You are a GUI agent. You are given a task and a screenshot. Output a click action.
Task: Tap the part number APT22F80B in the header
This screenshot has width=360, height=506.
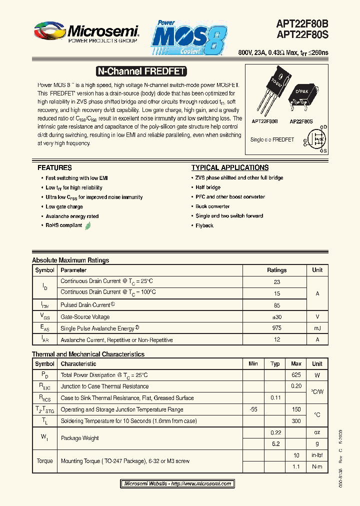[302, 23]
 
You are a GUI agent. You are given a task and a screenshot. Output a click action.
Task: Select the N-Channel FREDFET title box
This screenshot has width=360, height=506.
[140, 71]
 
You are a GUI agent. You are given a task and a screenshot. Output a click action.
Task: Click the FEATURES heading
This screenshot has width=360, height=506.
[54, 168]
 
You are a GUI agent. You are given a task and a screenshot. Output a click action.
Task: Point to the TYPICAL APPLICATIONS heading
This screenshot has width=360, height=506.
[230, 168]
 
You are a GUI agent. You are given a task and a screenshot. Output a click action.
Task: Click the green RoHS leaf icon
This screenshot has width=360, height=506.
[88, 225]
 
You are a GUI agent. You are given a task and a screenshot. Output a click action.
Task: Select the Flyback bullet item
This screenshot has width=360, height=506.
[204, 225]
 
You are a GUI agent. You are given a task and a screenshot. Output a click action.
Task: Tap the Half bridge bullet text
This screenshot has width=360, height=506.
[208, 187]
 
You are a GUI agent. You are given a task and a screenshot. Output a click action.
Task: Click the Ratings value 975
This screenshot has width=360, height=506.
[276, 328]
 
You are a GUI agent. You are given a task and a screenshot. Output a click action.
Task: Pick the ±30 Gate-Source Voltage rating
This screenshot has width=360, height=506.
[276, 316]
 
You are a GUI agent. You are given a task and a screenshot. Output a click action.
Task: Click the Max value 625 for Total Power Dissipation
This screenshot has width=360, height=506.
[296, 375]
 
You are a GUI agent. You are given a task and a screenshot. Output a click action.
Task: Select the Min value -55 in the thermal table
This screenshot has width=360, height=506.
[253, 409]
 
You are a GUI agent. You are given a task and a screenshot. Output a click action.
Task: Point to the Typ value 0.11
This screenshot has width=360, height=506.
[275, 397]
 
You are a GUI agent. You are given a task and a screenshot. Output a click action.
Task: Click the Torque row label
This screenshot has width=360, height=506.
[44, 461]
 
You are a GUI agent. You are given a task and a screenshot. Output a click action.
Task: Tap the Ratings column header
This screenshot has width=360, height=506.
[276, 270]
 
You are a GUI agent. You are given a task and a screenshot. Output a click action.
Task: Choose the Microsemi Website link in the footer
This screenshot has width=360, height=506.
[177, 483]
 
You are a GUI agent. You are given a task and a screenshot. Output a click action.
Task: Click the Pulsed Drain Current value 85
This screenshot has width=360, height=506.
[276, 304]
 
